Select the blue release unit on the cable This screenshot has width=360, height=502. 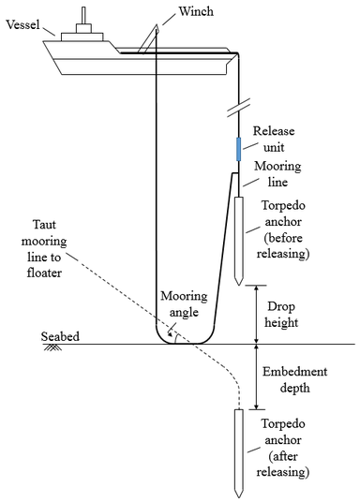[x=238, y=148]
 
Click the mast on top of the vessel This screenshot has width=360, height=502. [x=83, y=15]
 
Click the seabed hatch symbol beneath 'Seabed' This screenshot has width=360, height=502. [x=49, y=347]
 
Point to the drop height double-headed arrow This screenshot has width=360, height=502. [x=254, y=315]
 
